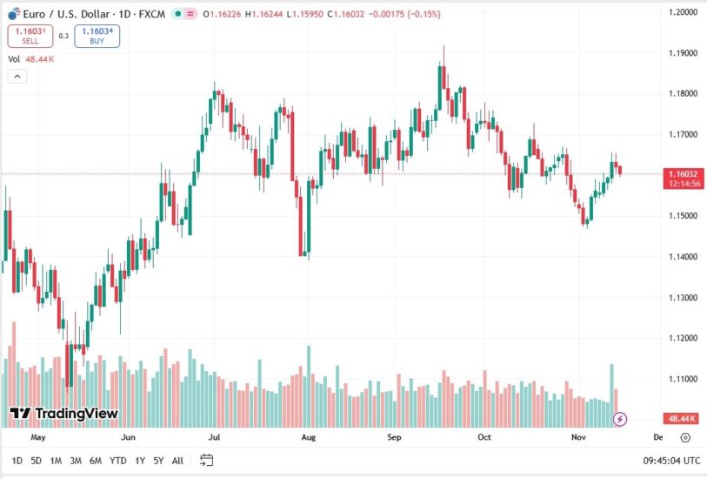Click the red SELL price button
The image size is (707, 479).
(30, 36)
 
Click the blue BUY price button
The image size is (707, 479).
(97, 36)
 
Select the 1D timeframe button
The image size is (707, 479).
(17, 460)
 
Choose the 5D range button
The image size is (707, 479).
(36, 460)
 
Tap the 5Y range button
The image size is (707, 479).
(157, 460)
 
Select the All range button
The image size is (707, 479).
(177, 460)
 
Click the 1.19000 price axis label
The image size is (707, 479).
(684, 53)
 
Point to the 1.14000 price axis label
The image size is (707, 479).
(684, 257)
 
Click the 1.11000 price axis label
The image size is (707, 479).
(684, 379)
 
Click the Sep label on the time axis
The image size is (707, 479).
(394, 437)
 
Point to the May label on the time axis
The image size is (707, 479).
(38, 437)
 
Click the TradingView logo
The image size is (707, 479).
(63, 414)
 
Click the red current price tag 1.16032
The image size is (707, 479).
(684, 174)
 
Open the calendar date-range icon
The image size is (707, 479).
(206, 460)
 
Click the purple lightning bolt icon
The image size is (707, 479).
(620, 419)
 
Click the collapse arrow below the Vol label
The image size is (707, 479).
(17, 77)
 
